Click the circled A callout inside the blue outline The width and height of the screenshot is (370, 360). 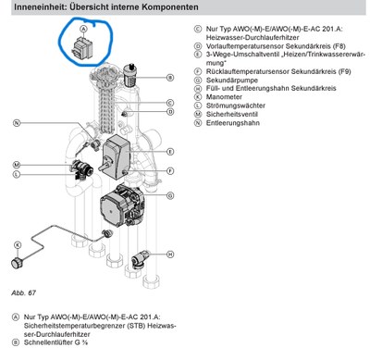[83, 29]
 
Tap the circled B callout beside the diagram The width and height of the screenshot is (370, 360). [170, 78]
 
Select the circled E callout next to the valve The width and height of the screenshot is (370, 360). [170, 152]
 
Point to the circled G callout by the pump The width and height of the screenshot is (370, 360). [170, 195]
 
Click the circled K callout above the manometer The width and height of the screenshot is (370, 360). [18, 245]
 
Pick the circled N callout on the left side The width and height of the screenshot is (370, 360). [17, 123]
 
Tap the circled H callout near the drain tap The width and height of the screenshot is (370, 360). [170, 254]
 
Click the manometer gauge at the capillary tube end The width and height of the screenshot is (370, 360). [16, 264]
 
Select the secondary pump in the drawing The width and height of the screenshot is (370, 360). [122, 206]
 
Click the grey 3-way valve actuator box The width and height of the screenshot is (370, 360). [117, 156]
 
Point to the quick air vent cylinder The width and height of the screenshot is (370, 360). [130, 75]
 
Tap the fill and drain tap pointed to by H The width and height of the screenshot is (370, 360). [140, 258]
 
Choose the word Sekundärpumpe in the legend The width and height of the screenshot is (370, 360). [232, 81]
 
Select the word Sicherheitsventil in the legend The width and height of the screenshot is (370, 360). [232, 114]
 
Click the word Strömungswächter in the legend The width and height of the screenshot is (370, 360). [236, 106]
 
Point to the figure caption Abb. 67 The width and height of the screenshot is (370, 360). [24, 292]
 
